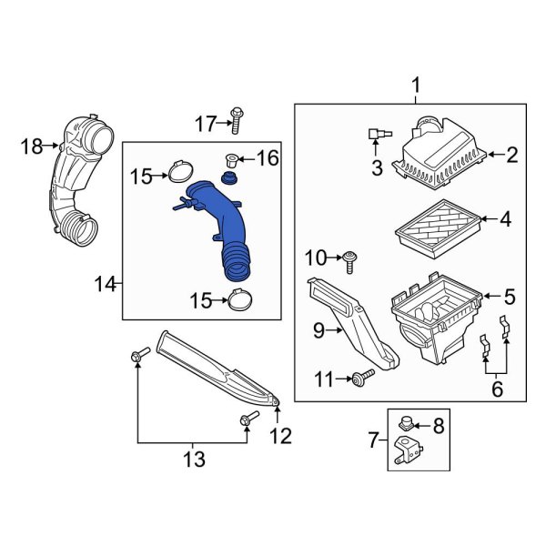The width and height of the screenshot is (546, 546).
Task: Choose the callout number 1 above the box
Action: click(417, 87)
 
